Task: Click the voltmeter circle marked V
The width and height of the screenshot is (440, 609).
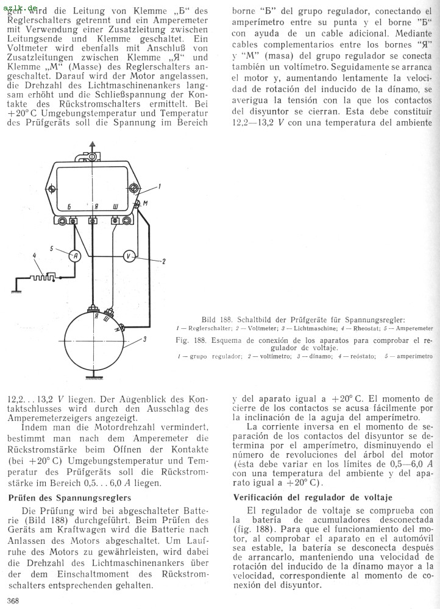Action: coord(129,256)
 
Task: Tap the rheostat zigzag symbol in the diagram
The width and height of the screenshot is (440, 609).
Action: coord(44,276)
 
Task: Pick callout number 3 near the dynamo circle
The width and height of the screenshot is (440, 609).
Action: coord(144,339)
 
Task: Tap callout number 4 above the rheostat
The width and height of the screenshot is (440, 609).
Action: coord(35,255)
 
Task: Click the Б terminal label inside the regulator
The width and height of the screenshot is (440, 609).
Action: coord(70,208)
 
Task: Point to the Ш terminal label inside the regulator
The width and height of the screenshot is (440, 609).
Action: coord(116,208)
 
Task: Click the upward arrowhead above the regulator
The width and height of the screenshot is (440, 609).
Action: coord(92,144)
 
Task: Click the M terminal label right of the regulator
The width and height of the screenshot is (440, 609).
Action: coord(144,203)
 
